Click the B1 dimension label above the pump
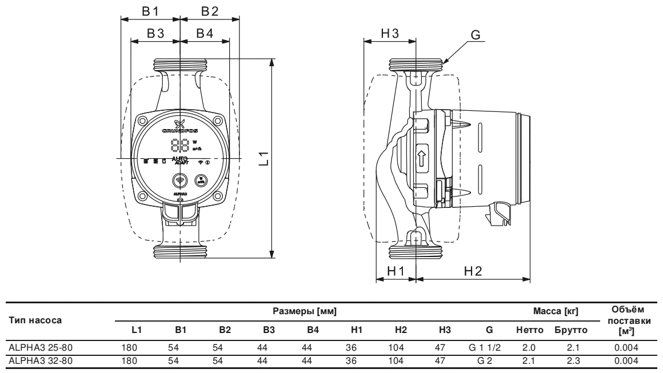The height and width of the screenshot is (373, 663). (x=150, y=11)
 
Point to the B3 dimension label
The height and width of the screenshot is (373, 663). (x=155, y=34)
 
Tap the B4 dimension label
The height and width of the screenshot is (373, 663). (x=204, y=34)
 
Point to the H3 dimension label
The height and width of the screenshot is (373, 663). (x=390, y=34)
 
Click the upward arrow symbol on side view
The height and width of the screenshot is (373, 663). (x=421, y=158)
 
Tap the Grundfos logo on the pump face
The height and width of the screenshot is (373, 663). (x=179, y=126)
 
